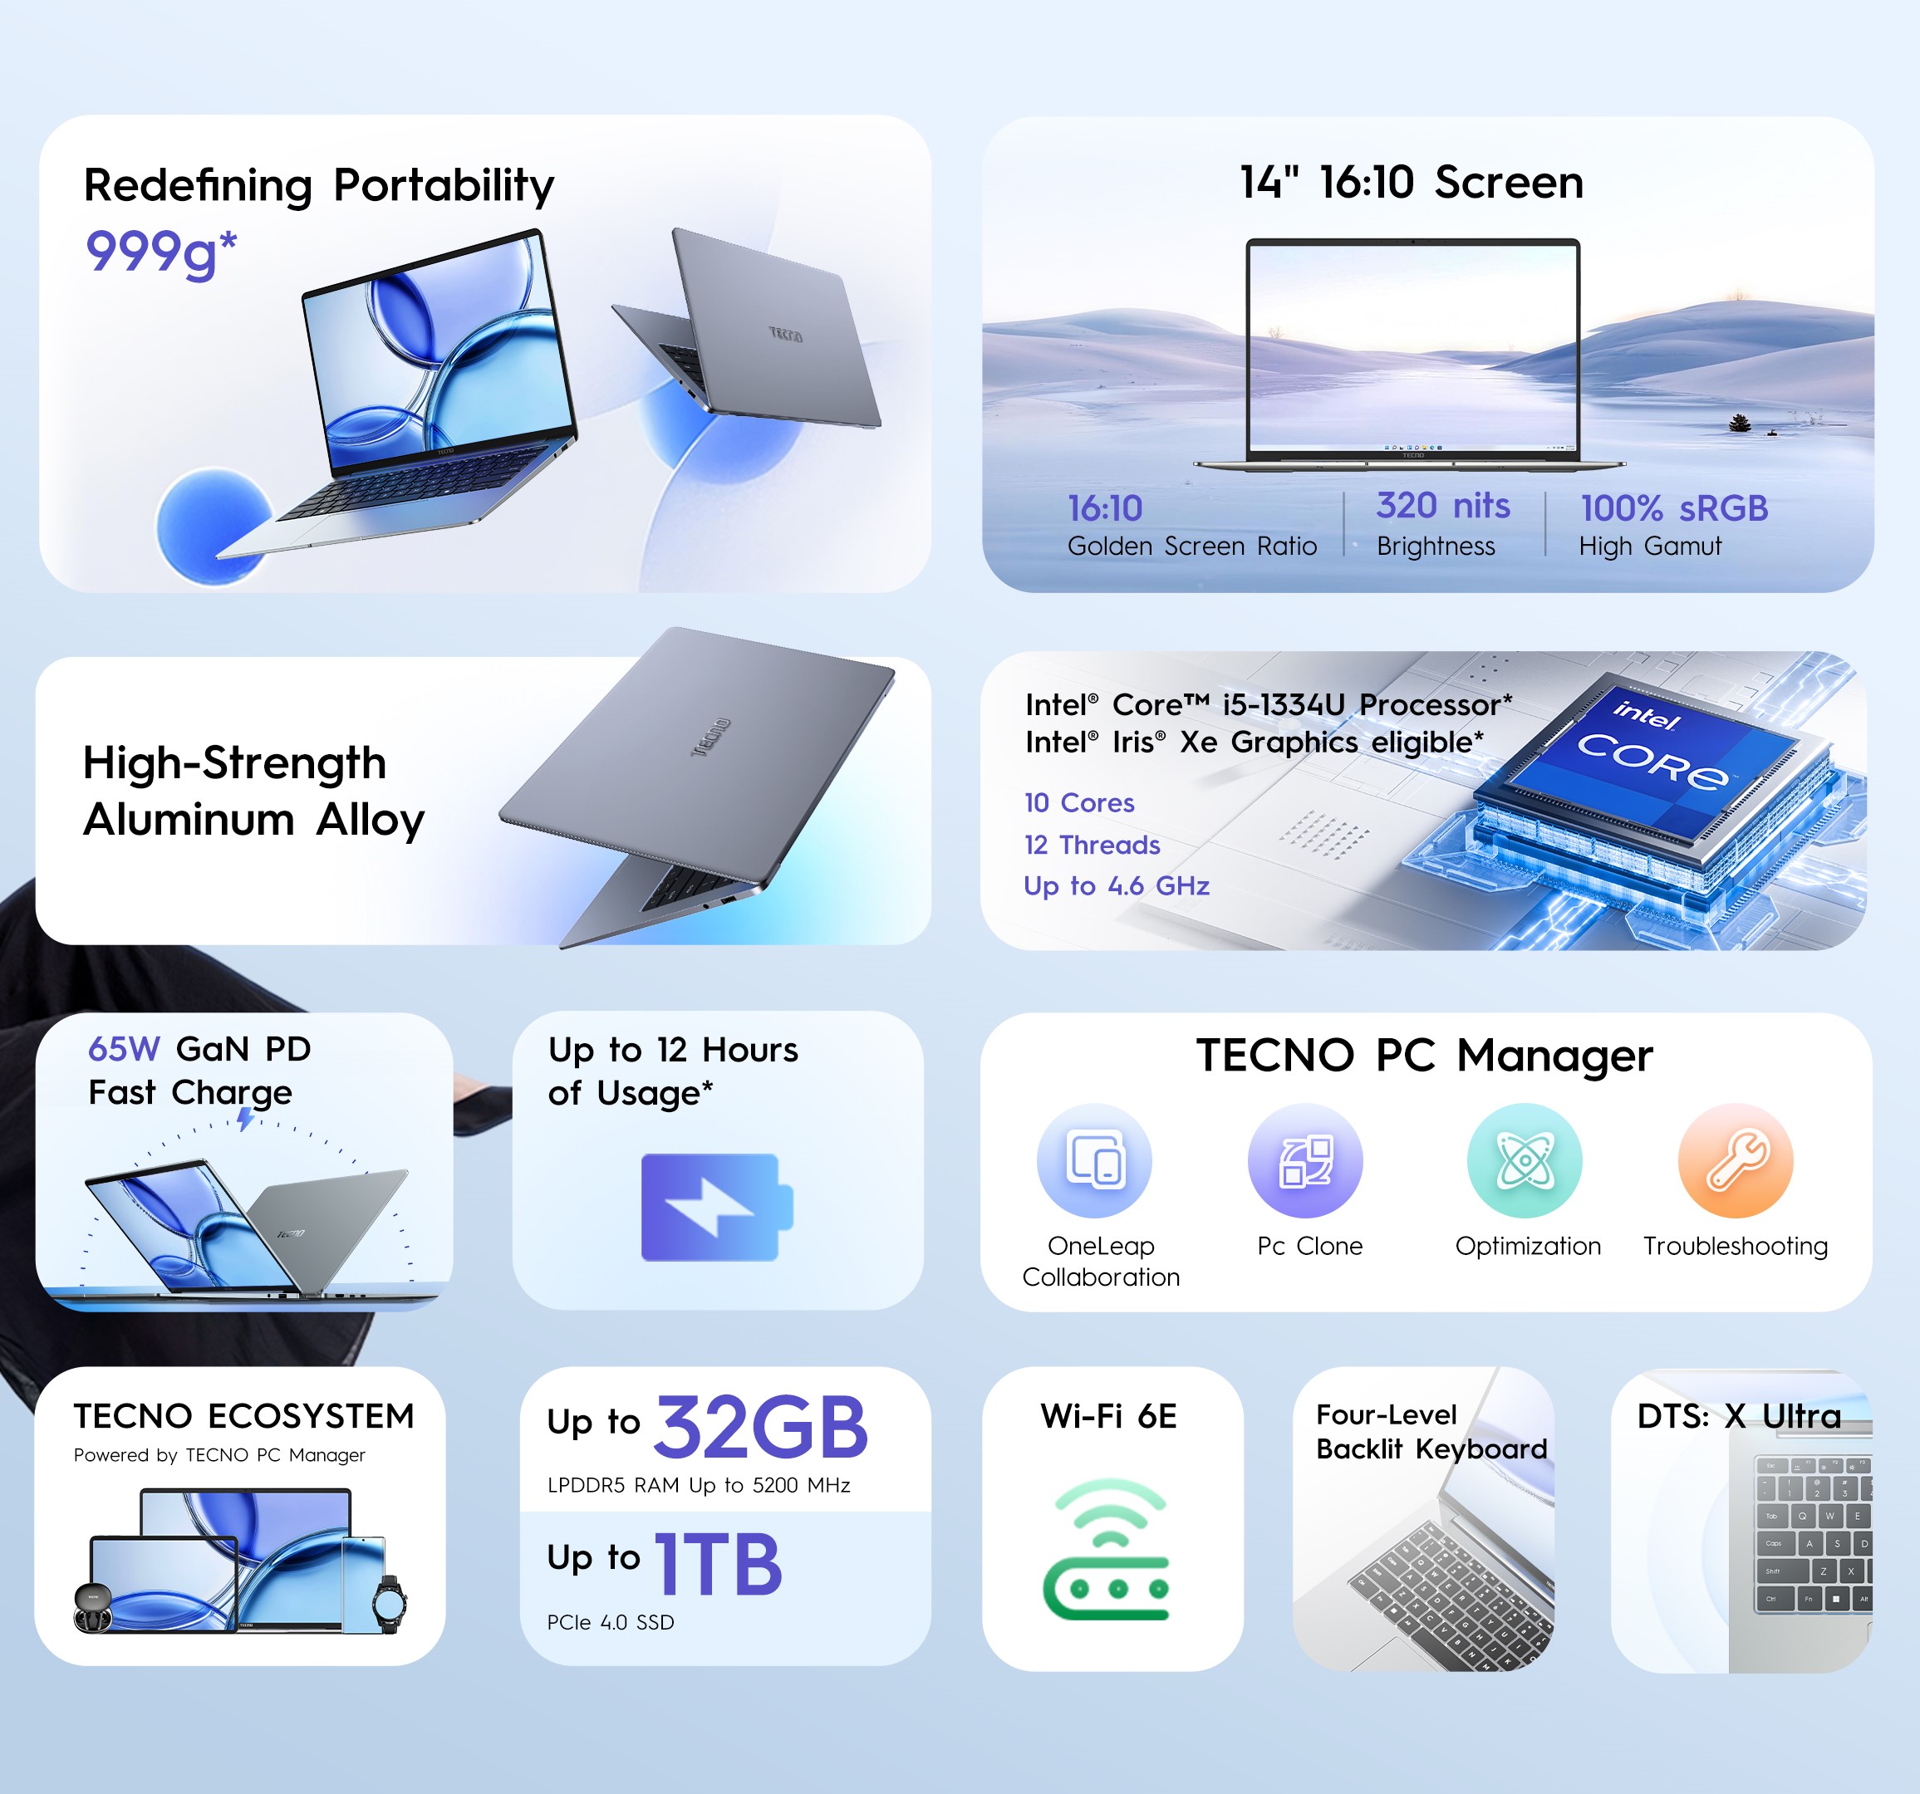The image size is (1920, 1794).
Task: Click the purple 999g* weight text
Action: pos(161,252)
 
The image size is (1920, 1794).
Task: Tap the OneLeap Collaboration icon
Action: pos(1094,1159)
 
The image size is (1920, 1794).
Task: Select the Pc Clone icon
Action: pos(1305,1159)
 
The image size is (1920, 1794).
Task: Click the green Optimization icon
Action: pos(1525,1159)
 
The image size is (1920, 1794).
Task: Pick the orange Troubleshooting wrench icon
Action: pos(1736,1159)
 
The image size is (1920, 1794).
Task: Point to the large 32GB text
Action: pos(761,1428)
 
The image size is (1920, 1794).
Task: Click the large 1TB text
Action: pos(719,1564)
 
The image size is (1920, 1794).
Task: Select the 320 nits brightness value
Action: pos(1443,505)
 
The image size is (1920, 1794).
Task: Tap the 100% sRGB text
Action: pos(1674,507)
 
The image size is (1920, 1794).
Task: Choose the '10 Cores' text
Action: pos(1078,802)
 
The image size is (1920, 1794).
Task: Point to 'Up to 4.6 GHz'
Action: pos(1117,885)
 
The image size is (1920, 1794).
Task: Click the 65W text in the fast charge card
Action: pos(124,1049)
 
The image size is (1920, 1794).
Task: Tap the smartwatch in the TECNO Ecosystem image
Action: pos(389,1604)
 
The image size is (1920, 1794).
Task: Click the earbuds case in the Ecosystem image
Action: pos(93,1606)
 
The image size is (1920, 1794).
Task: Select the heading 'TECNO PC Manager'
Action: pos(1425,1056)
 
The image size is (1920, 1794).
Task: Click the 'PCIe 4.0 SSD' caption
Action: pos(611,1622)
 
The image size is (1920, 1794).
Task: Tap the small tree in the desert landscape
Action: pos(1740,422)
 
